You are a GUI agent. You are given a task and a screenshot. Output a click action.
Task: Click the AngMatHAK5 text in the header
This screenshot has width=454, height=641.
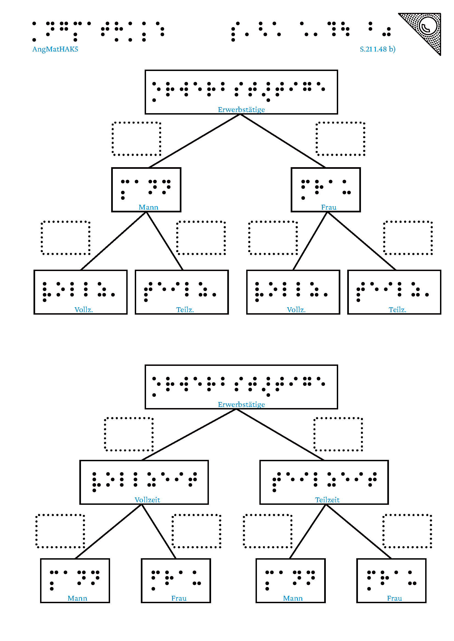click(55, 49)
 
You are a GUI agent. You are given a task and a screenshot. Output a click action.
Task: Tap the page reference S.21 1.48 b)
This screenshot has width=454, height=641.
click(377, 49)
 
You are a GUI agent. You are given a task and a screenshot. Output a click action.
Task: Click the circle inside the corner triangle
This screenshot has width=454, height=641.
click(428, 26)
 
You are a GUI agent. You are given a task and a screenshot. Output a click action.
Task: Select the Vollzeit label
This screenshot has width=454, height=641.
click(147, 500)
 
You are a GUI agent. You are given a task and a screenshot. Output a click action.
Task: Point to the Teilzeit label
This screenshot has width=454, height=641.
click(327, 500)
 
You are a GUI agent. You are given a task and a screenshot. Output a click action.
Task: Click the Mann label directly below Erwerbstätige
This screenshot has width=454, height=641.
click(148, 207)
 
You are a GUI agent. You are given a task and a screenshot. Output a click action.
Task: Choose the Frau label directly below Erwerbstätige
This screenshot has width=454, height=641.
click(329, 207)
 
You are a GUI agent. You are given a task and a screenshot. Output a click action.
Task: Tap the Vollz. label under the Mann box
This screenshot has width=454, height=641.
click(84, 310)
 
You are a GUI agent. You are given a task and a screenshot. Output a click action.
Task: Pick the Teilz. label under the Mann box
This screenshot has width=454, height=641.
click(185, 310)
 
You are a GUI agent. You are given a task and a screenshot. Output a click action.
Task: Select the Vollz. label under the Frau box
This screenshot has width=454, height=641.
click(296, 310)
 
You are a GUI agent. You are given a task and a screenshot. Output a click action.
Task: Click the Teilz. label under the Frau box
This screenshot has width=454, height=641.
click(397, 310)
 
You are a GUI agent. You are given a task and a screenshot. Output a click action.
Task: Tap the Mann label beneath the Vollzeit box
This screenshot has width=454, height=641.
click(77, 598)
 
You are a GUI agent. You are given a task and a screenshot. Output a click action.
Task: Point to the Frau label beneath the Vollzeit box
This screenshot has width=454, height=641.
click(179, 598)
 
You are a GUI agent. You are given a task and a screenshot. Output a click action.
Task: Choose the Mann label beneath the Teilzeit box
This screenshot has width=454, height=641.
click(293, 598)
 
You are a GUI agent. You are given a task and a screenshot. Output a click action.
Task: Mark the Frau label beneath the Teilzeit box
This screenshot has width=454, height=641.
click(394, 598)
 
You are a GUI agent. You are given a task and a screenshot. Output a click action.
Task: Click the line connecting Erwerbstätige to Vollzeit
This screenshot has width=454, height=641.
click(189, 434)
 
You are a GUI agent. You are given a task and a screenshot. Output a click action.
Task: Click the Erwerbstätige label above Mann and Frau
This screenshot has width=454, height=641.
click(241, 110)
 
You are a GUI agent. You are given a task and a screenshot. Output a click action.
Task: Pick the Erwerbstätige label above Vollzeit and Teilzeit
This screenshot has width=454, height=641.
click(241, 404)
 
